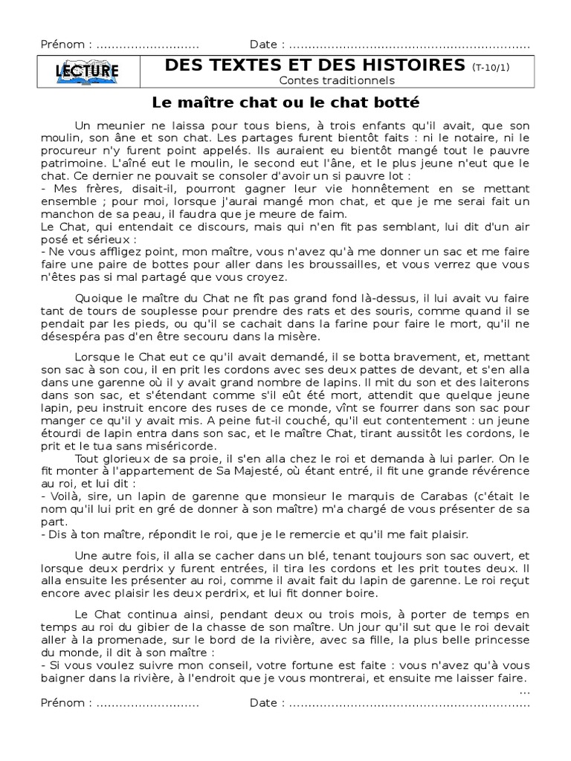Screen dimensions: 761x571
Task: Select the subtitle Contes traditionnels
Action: (338, 80)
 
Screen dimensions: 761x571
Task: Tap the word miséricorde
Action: (172, 446)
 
